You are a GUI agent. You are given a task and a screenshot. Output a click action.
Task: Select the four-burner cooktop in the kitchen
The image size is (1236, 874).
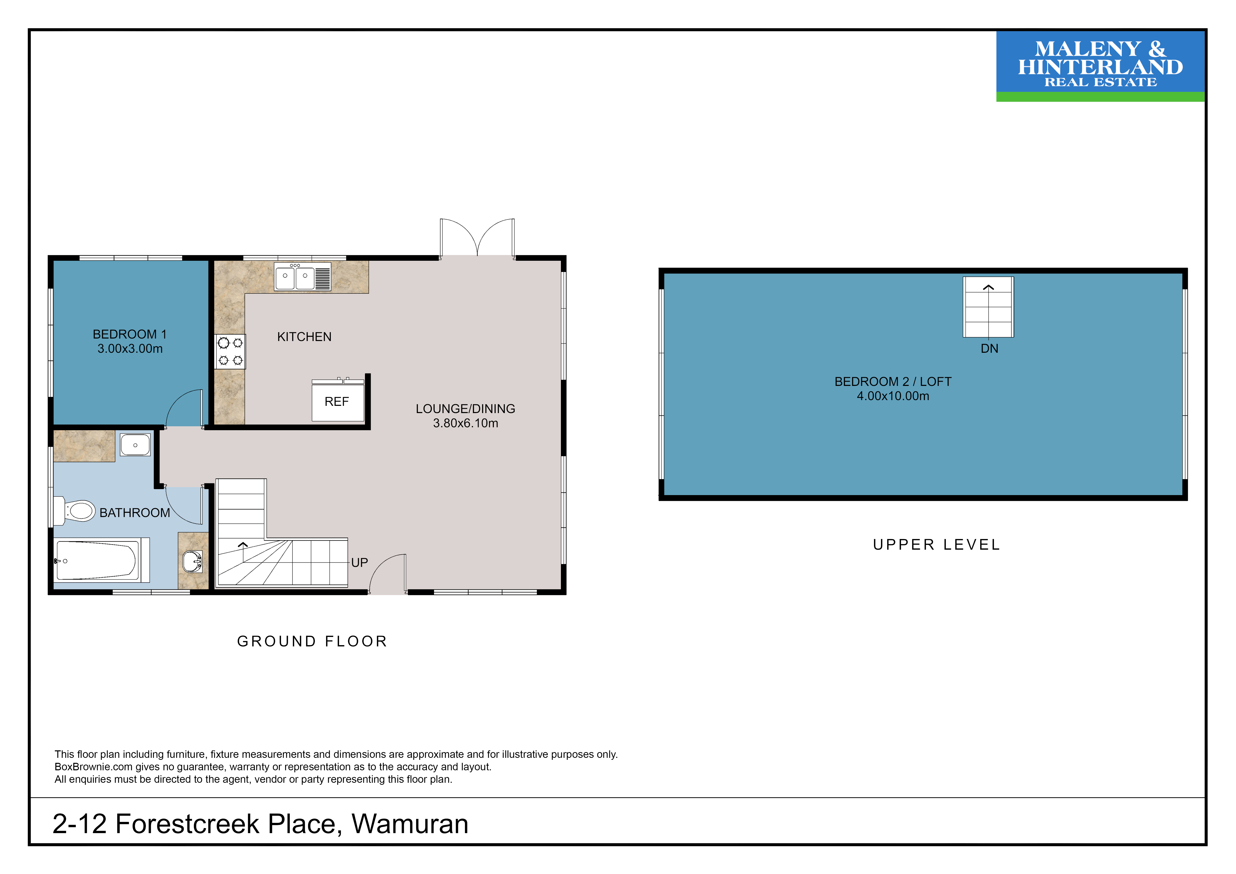click(230, 351)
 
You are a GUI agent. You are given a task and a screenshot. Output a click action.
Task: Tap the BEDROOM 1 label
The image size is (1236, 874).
click(130, 334)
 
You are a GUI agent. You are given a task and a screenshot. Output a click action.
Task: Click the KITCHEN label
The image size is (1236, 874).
click(304, 337)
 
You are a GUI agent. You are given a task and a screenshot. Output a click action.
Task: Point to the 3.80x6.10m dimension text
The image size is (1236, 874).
click(466, 424)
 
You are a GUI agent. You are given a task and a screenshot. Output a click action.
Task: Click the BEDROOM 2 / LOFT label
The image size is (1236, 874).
click(893, 382)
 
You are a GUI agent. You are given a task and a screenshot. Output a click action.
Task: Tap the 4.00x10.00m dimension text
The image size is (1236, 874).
click(893, 396)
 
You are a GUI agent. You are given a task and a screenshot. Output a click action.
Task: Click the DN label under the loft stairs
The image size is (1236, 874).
click(989, 349)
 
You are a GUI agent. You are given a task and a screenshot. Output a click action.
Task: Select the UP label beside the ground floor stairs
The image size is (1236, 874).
click(359, 563)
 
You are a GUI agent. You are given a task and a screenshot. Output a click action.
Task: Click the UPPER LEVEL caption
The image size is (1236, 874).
click(937, 545)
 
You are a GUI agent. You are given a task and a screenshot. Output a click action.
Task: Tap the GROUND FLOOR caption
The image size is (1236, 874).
click(312, 641)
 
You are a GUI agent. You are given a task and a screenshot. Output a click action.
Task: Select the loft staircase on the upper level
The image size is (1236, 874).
click(988, 307)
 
